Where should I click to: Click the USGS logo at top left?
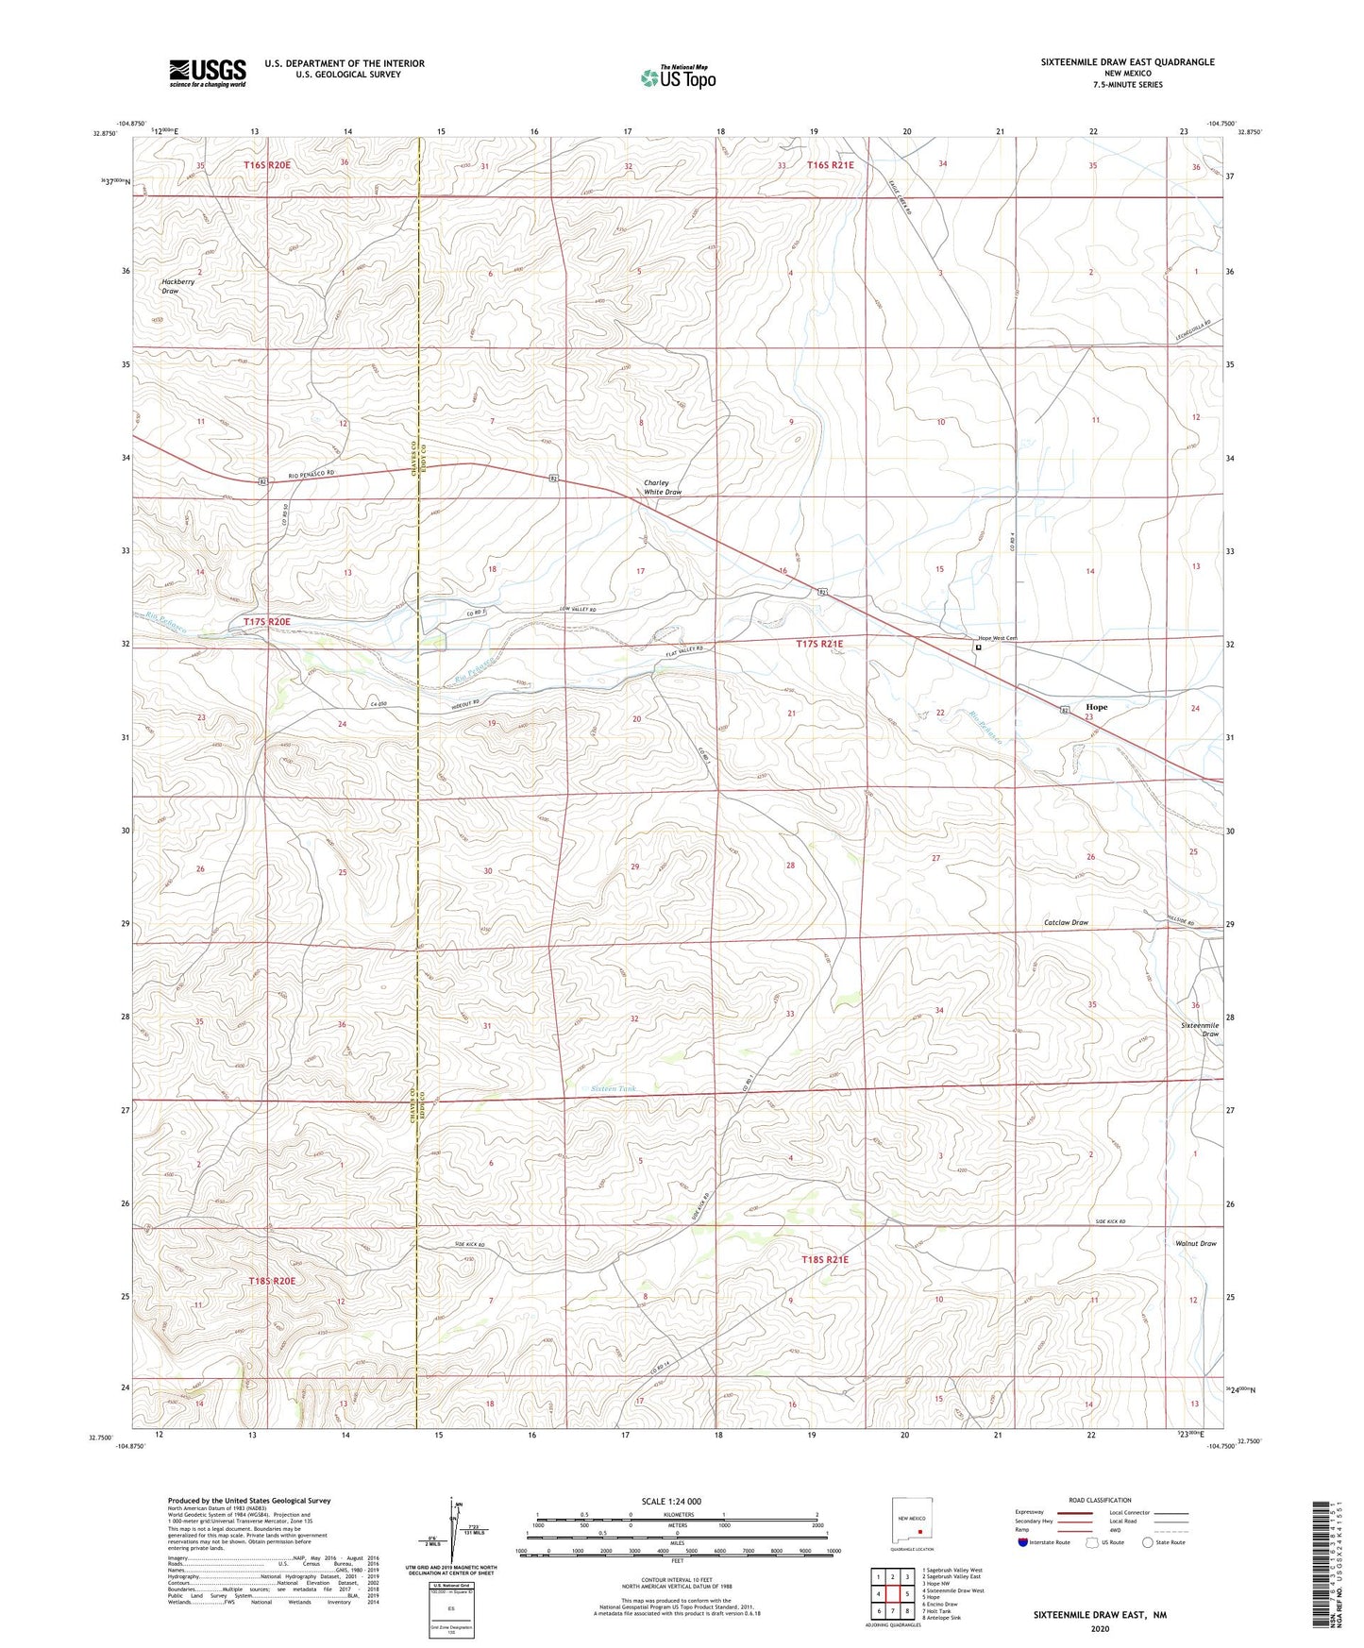(207, 73)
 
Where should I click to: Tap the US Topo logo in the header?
(678, 77)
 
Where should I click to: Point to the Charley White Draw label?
(662, 487)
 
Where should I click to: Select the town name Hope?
(1096, 706)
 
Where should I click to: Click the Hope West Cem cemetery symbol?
(978, 648)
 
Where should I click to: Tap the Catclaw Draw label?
(1066, 922)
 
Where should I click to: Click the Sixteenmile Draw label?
(1199, 1029)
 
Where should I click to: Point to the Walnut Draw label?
(1196, 1243)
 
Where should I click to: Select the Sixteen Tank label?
(613, 1088)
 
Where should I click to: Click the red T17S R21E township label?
(819, 644)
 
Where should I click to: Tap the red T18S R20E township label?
(272, 1281)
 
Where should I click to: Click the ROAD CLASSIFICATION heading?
(1099, 1500)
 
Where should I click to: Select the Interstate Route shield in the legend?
(1024, 1542)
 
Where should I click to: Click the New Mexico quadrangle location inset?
(913, 1525)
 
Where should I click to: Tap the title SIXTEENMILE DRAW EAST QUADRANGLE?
(1127, 62)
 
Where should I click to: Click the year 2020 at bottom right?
(1099, 1628)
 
